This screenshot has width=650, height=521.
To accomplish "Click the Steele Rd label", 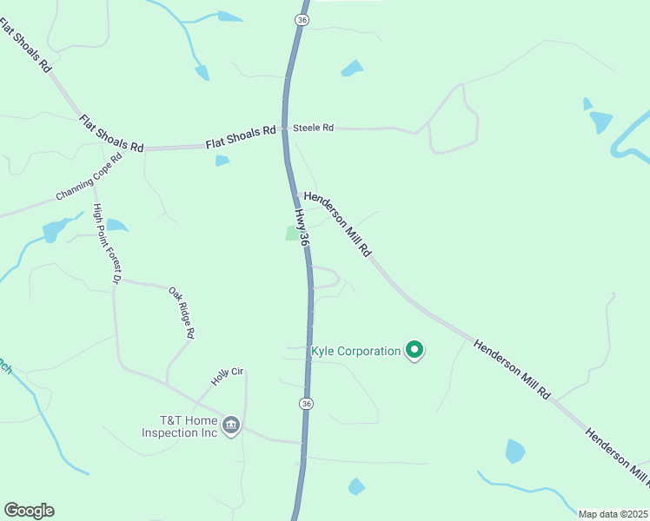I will click(x=313, y=128).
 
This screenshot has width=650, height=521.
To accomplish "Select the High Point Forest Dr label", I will click(x=105, y=244).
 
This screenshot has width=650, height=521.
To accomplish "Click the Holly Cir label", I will click(x=229, y=377).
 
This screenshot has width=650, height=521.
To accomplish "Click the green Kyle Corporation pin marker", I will click(x=415, y=351).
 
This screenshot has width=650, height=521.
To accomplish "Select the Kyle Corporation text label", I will click(x=355, y=352).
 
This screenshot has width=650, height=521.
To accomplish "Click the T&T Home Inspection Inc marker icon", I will click(x=230, y=425).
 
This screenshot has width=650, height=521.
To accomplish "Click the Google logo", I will click(x=29, y=511).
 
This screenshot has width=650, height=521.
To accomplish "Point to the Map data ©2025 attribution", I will click(x=612, y=513).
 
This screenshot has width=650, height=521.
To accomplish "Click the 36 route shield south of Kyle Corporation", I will click(x=305, y=404).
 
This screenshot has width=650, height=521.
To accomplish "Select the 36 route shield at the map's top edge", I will click(x=302, y=19).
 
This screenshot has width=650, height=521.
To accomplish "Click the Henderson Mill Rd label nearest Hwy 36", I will click(x=338, y=223).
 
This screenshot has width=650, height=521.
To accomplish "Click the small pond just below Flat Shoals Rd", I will click(x=222, y=161).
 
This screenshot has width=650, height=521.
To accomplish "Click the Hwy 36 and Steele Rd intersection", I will click(x=284, y=129).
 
